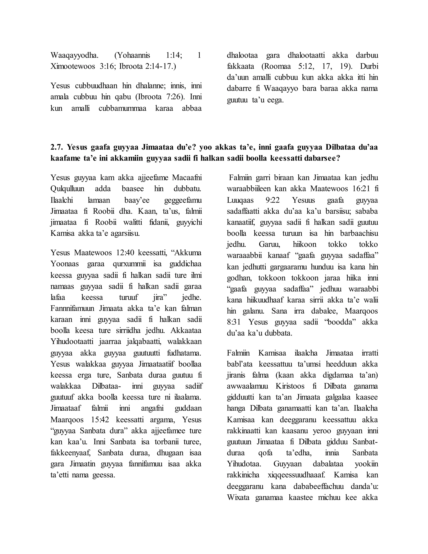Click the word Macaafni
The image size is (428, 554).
(x=187, y=177)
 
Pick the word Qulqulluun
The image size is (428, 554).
(x=68, y=189)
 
